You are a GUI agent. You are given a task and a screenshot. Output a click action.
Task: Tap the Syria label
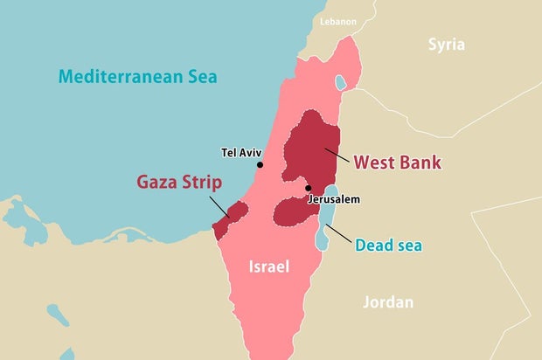[x=446, y=45]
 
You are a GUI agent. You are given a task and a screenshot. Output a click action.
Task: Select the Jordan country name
[x=388, y=302]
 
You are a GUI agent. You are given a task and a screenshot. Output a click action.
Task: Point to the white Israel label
[x=268, y=267]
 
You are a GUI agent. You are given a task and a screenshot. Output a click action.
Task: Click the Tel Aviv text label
[x=242, y=152]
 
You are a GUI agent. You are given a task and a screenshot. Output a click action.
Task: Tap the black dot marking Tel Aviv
[x=260, y=164]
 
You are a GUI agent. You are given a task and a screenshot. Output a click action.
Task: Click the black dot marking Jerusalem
[x=307, y=188]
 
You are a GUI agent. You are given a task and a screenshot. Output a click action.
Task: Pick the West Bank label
[x=397, y=163]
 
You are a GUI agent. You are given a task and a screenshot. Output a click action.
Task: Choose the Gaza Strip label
[x=178, y=183]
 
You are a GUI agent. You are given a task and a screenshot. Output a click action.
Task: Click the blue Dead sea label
[x=388, y=246]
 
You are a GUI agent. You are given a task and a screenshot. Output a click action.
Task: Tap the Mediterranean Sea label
[x=137, y=76]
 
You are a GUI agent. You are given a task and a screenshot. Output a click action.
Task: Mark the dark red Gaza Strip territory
[x=229, y=218]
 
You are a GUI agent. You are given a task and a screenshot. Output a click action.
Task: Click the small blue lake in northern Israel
[x=339, y=84]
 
